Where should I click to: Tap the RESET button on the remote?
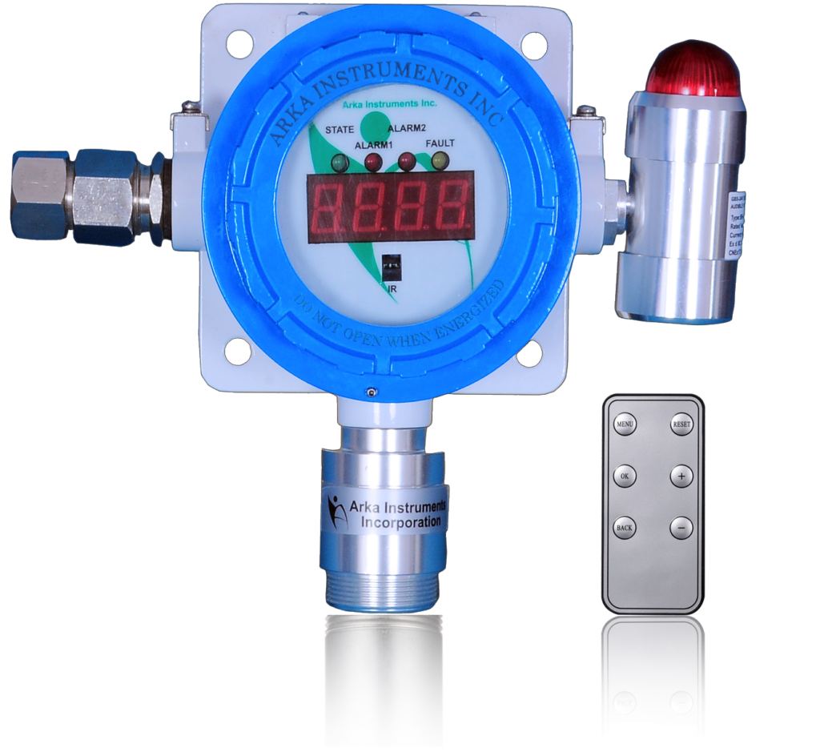click(x=681, y=424)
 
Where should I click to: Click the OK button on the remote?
click(x=625, y=476)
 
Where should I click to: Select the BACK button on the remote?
click(x=625, y=528)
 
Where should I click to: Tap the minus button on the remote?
click(x=681, y=528)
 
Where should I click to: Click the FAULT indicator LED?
click(x=439, y=161)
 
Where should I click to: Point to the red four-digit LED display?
click(x=389, y=204)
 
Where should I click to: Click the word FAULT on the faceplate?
click(x=440, y=143)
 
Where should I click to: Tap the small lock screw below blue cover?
click(x=371, y=391)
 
